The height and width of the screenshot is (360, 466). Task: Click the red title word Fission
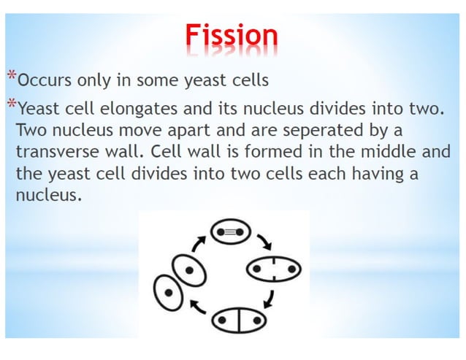231,35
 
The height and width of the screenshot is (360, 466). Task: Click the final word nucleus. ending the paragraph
46,196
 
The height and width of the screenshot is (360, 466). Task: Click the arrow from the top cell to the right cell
263,242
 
